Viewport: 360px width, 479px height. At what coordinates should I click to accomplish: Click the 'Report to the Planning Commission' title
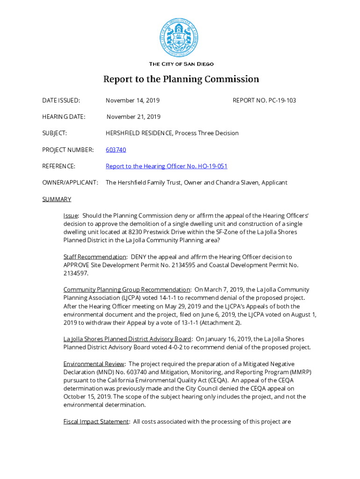(x=181, y=79)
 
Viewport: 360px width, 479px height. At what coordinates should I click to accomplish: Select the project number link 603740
(x=116, y=150)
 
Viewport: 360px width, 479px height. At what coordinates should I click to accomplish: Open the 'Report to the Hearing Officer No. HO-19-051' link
(x=166, y=166)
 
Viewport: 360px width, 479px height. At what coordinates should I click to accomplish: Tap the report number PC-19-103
(x=264, y=100)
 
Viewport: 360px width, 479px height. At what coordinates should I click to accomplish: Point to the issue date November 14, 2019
(x=133, y=100)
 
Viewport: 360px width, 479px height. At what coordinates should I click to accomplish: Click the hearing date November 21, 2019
(x=133, y=116)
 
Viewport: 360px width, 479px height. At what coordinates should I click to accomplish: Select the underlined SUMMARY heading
(x=57, y=199)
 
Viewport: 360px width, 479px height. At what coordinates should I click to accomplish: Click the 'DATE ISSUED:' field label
(x=61, y=100)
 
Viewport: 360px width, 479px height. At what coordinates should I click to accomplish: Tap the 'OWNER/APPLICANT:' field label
(x=70, y=182)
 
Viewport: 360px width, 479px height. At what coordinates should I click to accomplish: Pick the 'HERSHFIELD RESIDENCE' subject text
(x=139, y=133)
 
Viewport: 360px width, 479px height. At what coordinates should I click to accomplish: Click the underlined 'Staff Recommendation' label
(x=95, y=257)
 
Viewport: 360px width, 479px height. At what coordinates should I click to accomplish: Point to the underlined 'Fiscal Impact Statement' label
(x=96, y=421)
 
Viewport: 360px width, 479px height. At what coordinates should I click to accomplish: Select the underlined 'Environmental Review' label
(x=94, y=363)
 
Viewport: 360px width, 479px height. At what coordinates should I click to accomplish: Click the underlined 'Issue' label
(x=71, y=216)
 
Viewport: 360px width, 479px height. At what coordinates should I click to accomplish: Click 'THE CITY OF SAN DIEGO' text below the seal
(x=181, y=64)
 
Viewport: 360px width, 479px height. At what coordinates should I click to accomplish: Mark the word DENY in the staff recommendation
(x=139, y=257)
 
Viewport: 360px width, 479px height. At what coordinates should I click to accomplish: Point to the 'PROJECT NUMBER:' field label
(x=68, y=150)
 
